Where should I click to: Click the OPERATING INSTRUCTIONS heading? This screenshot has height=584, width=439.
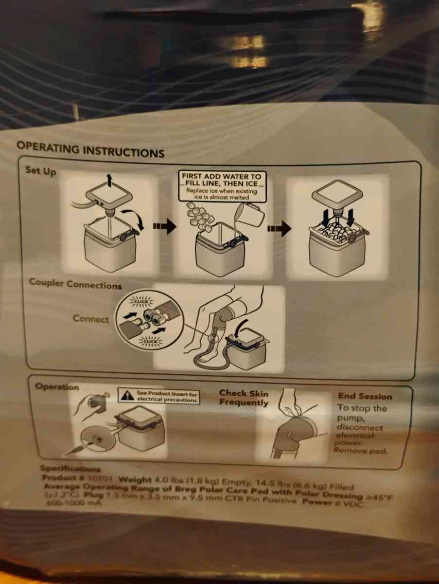tap(90, 149)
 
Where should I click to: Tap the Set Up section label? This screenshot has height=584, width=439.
tap(40, 171)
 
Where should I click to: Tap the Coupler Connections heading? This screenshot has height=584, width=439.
tap(75, 284)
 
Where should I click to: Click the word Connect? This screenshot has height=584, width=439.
tap(91, 319)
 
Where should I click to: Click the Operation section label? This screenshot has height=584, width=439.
tap(57, 387)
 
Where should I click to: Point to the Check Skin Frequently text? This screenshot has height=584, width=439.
tap(244, 398)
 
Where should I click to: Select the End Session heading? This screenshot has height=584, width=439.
tap(364, 396)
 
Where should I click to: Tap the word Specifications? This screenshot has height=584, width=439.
tap(70, 468)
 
